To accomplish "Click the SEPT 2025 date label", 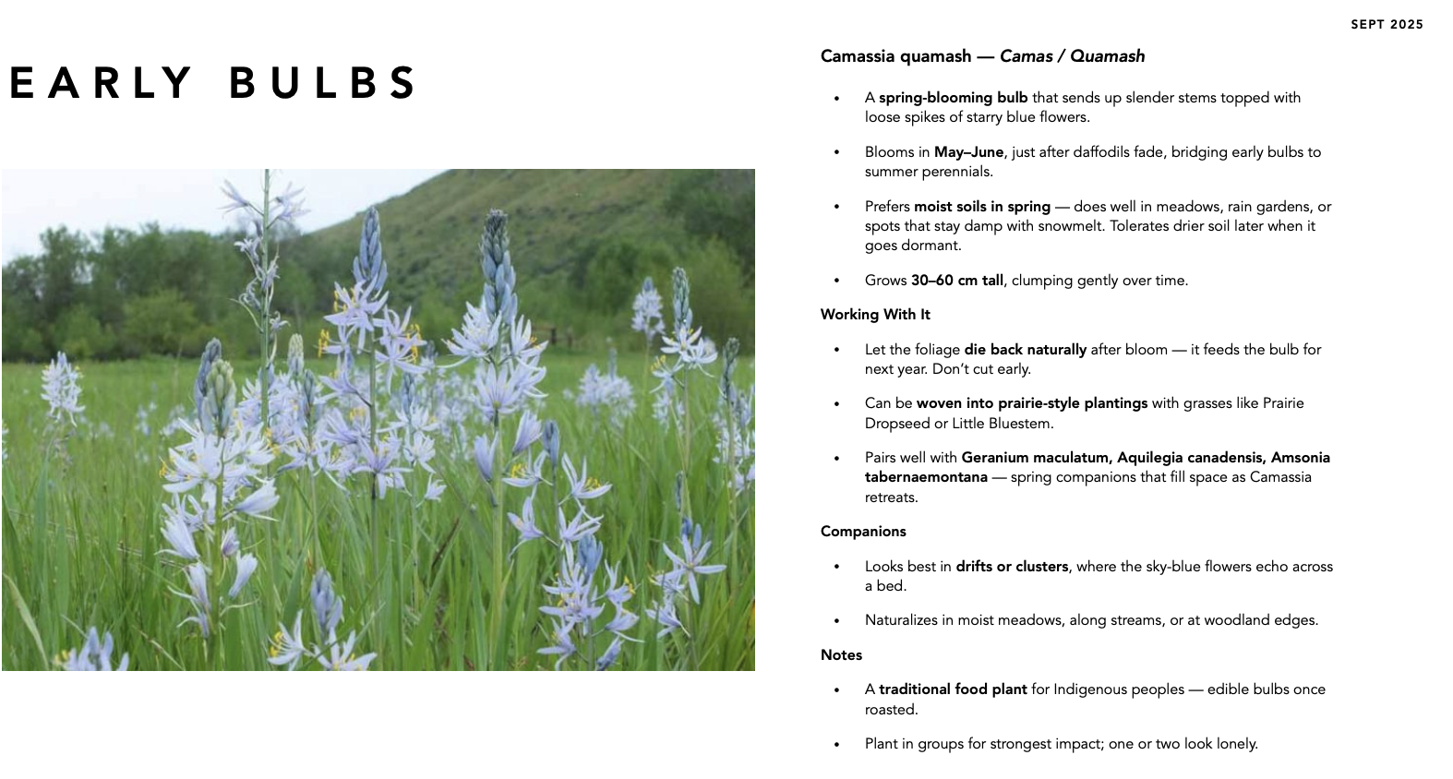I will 1387,25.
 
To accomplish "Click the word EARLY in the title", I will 101,83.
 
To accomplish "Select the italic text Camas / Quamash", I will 1072,56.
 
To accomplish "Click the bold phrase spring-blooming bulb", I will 953,98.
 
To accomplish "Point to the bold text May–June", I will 968,152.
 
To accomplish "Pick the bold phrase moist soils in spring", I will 982,207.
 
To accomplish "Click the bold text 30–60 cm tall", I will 956,281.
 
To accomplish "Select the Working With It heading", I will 875,315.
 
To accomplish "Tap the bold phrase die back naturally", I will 1025,350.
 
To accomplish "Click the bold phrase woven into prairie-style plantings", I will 1031,403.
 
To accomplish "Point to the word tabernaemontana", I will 926,477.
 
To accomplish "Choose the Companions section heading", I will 863,532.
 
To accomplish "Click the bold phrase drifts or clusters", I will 1012,567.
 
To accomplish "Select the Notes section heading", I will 841,655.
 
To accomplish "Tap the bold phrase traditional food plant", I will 953,689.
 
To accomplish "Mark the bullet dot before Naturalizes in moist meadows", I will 837,621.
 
